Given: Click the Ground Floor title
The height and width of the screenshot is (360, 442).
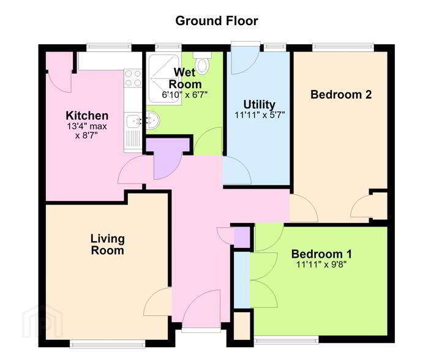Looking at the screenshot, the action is (217, 21).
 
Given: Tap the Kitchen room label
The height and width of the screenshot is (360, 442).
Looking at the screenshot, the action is (87, 116).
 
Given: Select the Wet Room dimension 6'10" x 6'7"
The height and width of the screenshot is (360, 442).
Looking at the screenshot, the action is (185, 95).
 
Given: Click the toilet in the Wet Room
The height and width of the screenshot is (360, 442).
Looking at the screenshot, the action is (203, 63).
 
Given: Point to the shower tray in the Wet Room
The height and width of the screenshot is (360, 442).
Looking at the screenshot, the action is (164, 78).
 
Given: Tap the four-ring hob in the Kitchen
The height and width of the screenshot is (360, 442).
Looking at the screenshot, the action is (133, 78).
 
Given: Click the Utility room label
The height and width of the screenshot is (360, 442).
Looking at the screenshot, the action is (259, 104).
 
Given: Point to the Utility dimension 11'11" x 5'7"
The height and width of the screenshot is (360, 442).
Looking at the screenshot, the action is (260, 115).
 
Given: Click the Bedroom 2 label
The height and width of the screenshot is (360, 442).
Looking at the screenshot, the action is (341, 94).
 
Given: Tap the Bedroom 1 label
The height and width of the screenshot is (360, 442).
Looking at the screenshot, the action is (321, 254).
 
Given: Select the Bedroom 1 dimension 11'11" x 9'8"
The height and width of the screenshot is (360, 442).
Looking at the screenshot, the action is (321, 264).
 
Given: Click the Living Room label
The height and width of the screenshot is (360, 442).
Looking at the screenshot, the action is (107, 245).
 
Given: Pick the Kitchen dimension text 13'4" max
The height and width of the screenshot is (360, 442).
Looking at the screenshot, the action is (87, 126).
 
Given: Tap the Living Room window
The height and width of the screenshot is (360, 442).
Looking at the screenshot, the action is (107, 343).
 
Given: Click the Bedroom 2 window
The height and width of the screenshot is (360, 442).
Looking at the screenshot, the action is (343, 47).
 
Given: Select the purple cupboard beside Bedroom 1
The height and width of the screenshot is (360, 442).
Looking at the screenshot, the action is (242, 238).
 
